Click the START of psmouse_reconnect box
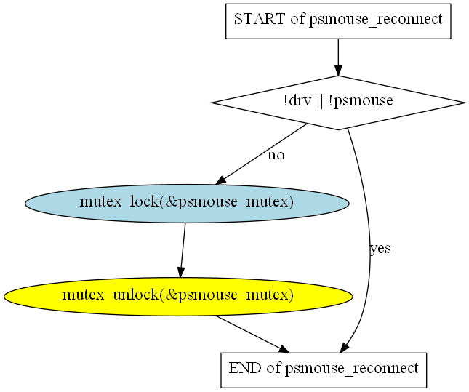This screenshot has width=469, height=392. coord(338,20)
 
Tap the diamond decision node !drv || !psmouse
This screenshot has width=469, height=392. coord(338,102)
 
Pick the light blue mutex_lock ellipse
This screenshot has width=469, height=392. coord(187,203)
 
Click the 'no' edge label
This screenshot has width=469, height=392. coord(276,155)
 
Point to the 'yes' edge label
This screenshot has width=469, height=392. coord(380,249)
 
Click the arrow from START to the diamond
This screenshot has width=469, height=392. coord(338,56)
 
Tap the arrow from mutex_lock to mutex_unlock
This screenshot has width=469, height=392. coord(182,249)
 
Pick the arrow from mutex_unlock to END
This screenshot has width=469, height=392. coord(247,333)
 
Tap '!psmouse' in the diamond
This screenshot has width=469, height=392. coord(366,102)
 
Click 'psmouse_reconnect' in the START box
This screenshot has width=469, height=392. coord(375,20)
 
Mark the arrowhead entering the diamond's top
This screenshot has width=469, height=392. coord(338,70)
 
